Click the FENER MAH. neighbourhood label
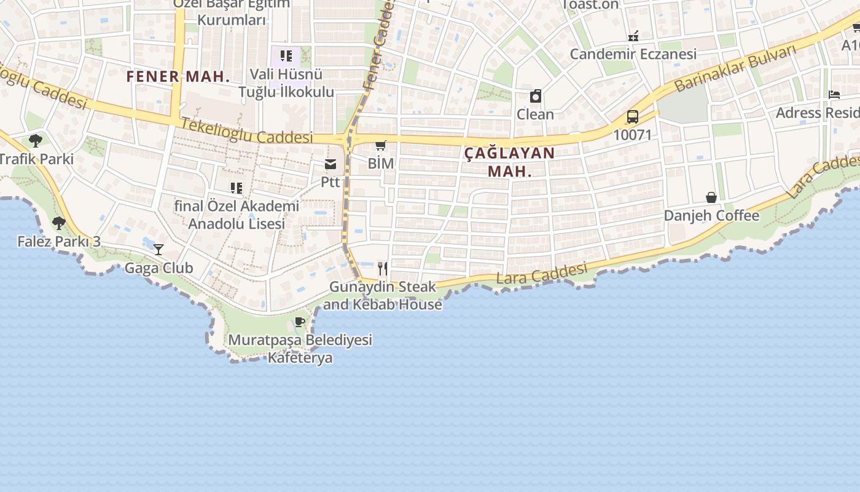click(x=178, y=77)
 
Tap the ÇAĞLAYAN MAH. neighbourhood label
click(x=509, y=162)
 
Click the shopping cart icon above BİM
click(x=381, y=146)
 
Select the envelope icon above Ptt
click(x=330, y=164)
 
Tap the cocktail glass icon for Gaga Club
click(x=158, y=249)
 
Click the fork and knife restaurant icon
click(x=383, y=268)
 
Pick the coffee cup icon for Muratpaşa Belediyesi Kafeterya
click(x=300, y=322)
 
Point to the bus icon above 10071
click(x=633, y=116)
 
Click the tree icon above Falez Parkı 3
click(x=59, y=223)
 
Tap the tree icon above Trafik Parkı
click(x=36, y=140)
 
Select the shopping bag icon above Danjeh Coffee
click(x=711, y=197)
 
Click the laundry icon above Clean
click(x=536, y=96)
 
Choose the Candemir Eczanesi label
click(x=633, y=54)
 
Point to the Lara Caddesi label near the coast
click(x=541, y=274)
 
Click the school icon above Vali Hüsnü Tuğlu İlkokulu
click(x=286, y=57)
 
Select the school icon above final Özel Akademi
click(x=237, y=188)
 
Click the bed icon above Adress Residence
click(x=834, y=95)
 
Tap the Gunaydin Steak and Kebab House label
click(x=383, y=295)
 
